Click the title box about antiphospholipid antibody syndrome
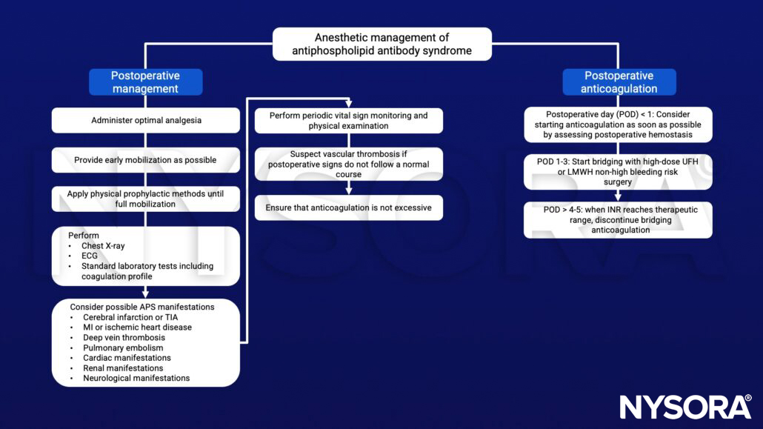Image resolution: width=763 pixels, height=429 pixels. (381, 44)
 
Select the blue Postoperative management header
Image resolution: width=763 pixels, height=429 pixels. (145, 82)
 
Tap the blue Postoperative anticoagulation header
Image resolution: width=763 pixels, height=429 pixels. (619, 82)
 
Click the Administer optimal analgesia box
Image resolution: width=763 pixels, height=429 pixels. (145, 120)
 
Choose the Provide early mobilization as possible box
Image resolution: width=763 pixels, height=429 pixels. (145, 160)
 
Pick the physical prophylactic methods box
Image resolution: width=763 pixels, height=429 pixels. (145, 199)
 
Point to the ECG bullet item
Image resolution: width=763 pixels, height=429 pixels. (90, 256)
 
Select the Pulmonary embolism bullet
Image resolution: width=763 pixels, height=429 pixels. (122, 347)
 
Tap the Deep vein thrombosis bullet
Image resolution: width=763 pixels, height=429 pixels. (124, 337)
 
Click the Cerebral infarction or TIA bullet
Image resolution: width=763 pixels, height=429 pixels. (130, 317)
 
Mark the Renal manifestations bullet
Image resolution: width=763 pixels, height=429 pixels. (122, 368)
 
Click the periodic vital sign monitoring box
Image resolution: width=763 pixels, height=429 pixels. (349, 121)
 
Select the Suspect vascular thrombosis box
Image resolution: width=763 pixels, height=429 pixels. (349, 164)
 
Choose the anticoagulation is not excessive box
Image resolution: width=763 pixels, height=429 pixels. (349, 207)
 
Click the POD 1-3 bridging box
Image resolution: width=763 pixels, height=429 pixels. (618, 171)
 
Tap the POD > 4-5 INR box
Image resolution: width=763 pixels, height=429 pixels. (618, 220)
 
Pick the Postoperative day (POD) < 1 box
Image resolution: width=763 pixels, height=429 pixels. (618, 124)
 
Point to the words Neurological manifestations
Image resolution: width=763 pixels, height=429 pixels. (136, 378)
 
